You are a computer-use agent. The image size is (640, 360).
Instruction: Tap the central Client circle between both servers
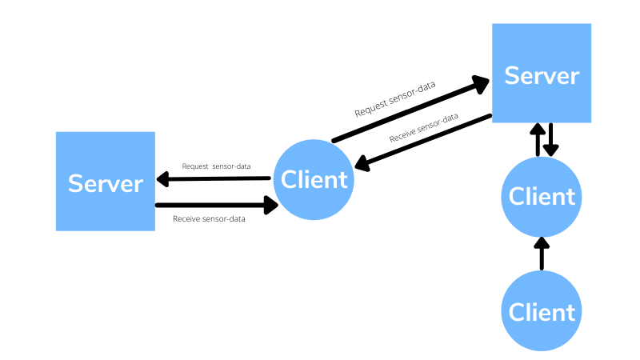point(314,179)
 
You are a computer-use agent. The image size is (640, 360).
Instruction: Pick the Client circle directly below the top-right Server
point(542,197)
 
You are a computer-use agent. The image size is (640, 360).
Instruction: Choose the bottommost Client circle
point(542,311)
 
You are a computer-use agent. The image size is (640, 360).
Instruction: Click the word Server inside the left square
point(105,183)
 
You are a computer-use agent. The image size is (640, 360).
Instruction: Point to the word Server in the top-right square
point(542,75)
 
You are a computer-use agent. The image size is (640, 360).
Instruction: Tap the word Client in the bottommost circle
point(542,311)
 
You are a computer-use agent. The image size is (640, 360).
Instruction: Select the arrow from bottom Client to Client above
point(542,254)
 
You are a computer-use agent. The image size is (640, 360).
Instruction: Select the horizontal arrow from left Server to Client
point(216,206)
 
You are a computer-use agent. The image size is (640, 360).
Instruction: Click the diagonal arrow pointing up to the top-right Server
point(410,110)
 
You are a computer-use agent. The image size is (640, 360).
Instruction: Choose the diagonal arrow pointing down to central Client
point(423,142)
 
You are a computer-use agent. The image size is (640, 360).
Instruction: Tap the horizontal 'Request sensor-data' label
point(216,166)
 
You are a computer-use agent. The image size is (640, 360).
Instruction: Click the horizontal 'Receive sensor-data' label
point(209,218)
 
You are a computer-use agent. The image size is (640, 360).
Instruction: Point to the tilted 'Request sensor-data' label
point(395,100)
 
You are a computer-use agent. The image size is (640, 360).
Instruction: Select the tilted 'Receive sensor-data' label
point(424,128)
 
